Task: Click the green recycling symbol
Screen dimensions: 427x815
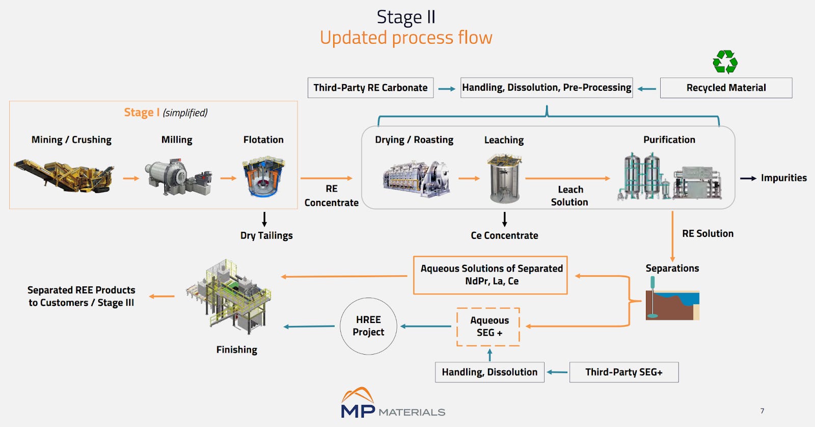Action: click(x=725, y=62)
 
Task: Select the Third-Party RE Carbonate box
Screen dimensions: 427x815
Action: click(x=370, y=88)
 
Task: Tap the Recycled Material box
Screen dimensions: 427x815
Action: click(x=726, y=88)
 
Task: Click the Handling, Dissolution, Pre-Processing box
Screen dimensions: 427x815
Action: click(x=546, y=88)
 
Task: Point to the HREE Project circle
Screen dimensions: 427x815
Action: click(x=368, y=326)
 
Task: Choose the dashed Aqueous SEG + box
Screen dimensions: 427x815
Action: click(x=488, y=327)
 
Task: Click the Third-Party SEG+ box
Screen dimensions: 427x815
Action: click(x=623, y=372)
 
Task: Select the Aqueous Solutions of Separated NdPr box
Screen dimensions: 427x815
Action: click(x=491, y=275)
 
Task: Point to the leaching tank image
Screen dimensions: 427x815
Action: click(x=504, y=179)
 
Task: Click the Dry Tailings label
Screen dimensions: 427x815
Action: click(x=266, y=235)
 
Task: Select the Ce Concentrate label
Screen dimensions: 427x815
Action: click(x=504, y=235)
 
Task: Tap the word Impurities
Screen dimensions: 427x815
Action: click(x=783, y=178)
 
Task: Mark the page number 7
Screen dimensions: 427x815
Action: click(x=762, y=411)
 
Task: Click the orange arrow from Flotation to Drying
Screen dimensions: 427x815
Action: click(x=326, y=178)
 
